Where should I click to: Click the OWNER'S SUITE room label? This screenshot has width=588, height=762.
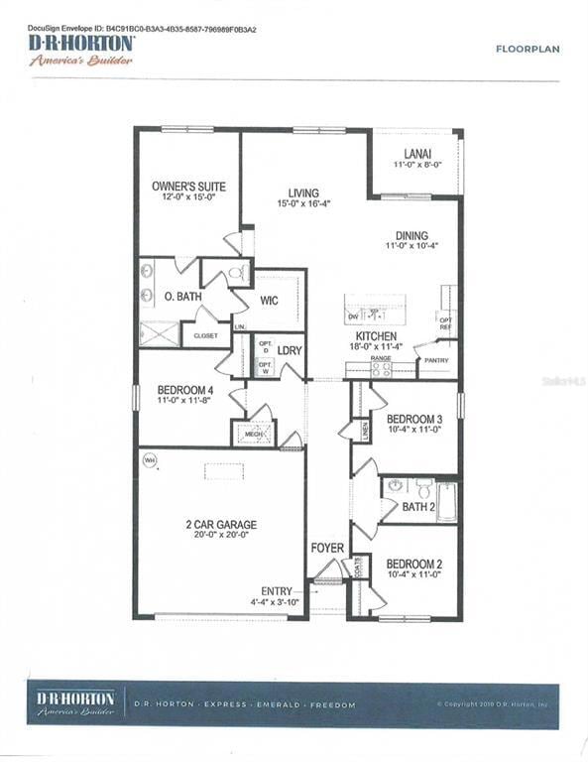188,187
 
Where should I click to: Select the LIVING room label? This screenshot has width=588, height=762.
303,192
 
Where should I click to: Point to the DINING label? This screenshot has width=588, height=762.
412,235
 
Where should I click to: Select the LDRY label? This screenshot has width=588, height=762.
290,351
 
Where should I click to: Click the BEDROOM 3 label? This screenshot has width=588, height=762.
414,419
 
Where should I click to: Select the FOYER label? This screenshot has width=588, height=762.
327,547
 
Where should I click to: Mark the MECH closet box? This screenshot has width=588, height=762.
252,434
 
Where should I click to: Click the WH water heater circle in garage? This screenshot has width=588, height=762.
151,459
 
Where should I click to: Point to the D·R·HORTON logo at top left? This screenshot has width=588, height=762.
82,46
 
